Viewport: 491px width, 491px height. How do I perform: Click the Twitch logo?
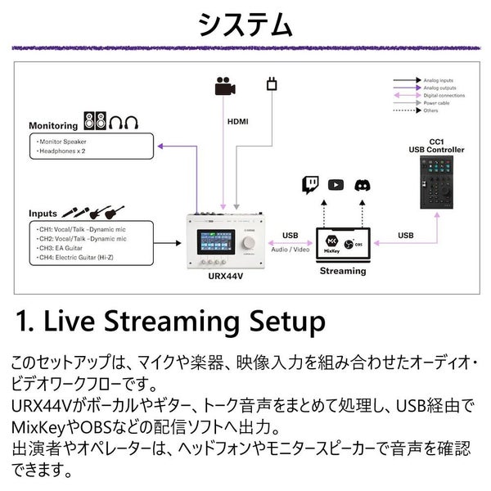click(x=311, y=184)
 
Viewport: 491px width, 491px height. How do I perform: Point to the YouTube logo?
click(x=336, y=184)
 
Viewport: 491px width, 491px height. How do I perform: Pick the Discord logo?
click(x=362, y=184)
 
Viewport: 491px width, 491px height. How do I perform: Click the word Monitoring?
click(x=53, y=126)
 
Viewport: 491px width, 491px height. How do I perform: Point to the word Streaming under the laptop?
click(x=343, y=271)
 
